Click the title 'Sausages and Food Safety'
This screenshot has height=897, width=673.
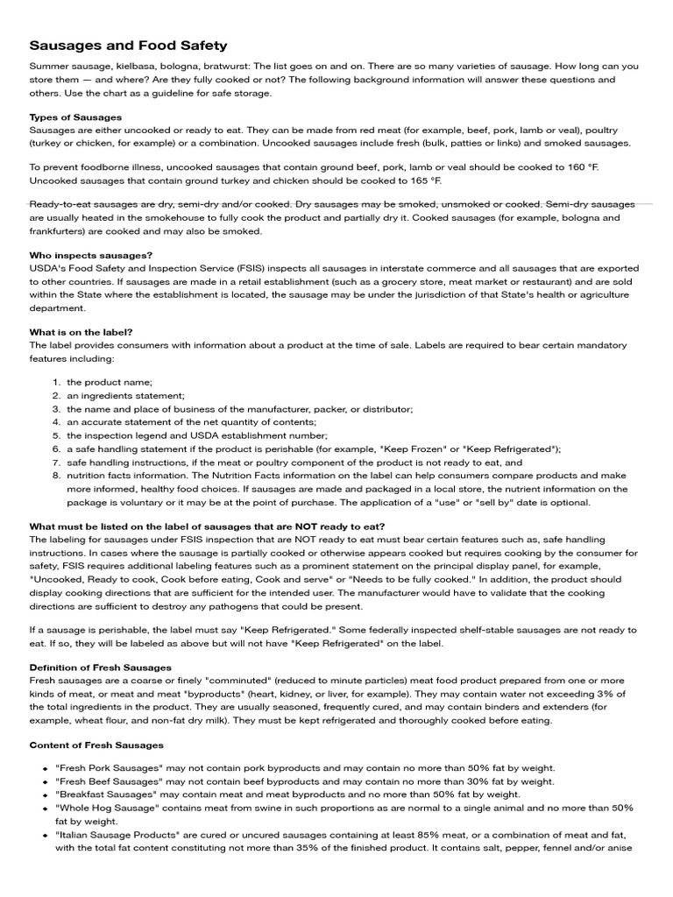pos(129,45)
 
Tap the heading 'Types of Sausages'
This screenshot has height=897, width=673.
pos(76,117)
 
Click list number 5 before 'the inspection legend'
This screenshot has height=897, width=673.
pos(55,435)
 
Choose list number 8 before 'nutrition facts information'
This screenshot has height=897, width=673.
pos(55,476)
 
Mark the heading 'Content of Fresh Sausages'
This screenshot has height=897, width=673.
pos(96,745)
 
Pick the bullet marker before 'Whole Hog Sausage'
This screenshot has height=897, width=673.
pos(44,809)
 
